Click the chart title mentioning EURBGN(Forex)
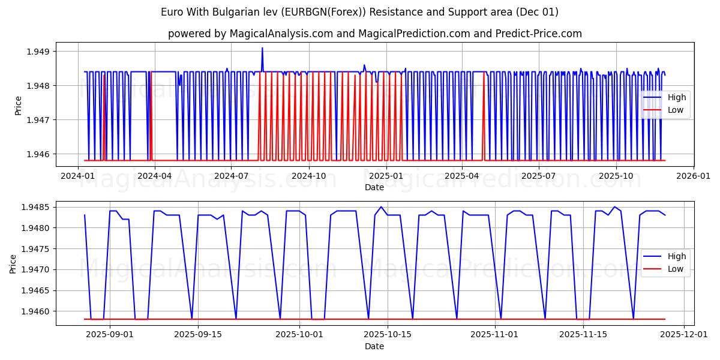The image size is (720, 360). click(x=359, y=12)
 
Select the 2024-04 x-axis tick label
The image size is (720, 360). click(x=155, y=176)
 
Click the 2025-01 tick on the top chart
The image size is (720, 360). click(x=386, y=176)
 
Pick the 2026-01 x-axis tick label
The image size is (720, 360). click(x=694, y=176)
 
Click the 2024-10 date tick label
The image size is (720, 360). click(x=309, y=176)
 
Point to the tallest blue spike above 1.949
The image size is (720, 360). click(x=262, y=48)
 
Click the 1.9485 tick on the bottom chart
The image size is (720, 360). click(x=35, y=207)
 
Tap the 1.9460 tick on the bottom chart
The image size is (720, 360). click(x=35, y=311)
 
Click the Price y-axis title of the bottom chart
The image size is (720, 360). click(x=13, y=263)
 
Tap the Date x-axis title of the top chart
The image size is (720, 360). click(x=374, y=187)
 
